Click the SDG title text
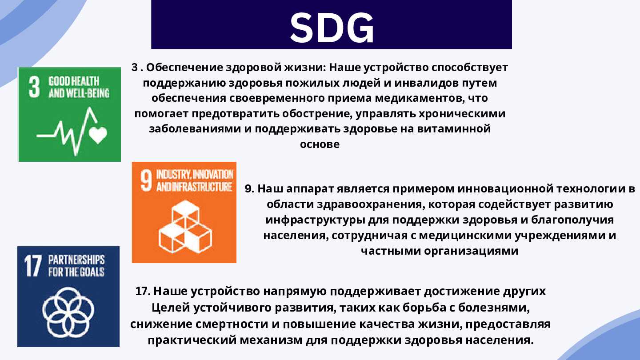(332, 28)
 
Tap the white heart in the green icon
(98, 135)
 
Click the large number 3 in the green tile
(34, 87)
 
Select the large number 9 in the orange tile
(146, 181)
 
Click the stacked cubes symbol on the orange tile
(185, 227)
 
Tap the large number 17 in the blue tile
(33, 266)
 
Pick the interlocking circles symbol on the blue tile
(68, 312)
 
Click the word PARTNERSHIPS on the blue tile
(76, 260)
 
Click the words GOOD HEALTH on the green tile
(74, 81)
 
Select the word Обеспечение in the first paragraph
(184, 68)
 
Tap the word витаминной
(454, 128)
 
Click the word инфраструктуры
(315, 220)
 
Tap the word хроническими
(462, 113)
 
